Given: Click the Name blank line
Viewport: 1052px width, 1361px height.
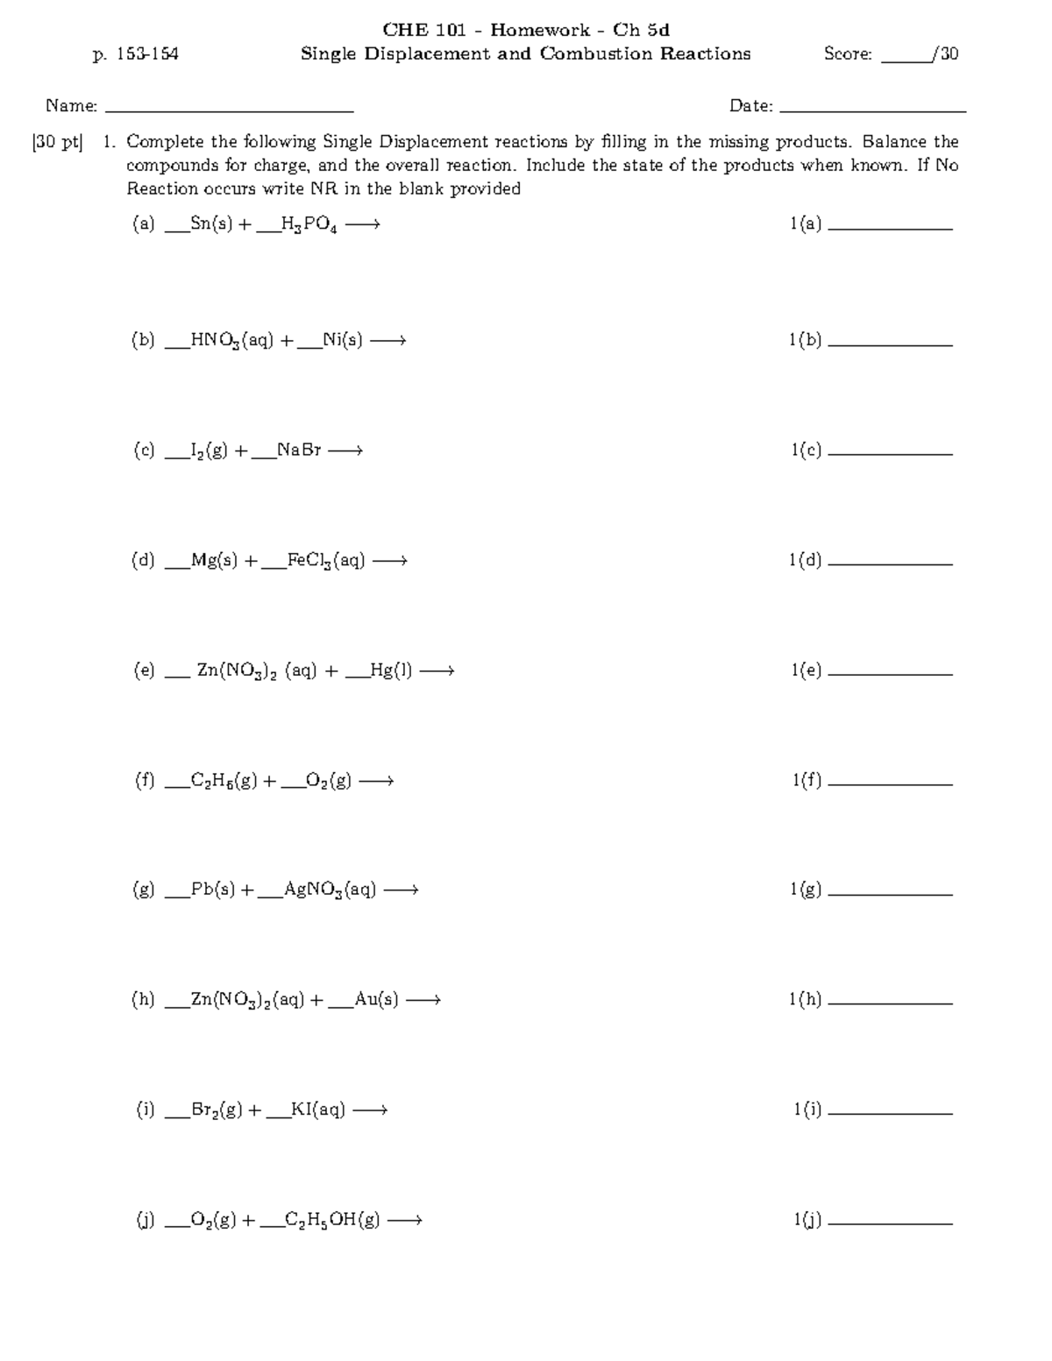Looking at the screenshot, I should point(229,110).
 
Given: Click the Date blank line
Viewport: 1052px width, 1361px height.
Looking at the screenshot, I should point(872,110).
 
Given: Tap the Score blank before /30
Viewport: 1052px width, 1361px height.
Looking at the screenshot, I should point(906,60).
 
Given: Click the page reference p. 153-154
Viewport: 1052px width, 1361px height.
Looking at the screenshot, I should point(136,54).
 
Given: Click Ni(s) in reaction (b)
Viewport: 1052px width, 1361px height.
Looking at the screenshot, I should point(342,340).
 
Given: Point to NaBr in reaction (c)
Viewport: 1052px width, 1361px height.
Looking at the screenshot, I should point(299,450).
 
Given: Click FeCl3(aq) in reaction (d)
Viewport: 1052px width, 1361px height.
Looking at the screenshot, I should point(326,561).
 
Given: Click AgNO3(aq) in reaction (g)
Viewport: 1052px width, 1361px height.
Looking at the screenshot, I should point(330,890).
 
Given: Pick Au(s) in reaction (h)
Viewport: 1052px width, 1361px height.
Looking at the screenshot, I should point(376,1000).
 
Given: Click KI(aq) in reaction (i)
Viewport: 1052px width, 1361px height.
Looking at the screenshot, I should point(317,1110).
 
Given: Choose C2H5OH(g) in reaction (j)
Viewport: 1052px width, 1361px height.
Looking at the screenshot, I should point(331,1220).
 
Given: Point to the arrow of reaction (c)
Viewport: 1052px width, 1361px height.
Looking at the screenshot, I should point(345,451).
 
